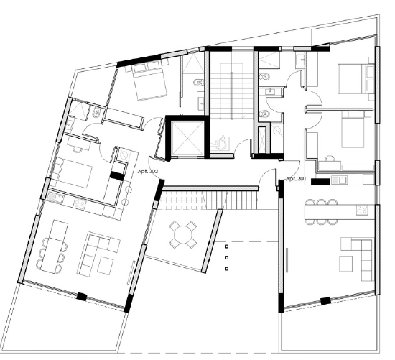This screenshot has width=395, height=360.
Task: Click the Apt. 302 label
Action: click(148, 172)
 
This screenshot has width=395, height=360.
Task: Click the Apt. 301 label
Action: click(296, 179)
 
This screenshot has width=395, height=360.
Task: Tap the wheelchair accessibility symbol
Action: click(220, 144)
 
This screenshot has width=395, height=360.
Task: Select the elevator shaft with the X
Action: click(187, 137)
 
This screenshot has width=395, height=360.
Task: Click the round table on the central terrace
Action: click(183, 234)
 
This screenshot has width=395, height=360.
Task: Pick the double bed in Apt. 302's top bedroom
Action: click(149, 80)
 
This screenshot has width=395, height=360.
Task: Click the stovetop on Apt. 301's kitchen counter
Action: click(362, 210)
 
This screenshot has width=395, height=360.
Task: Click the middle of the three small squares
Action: click(226, 257)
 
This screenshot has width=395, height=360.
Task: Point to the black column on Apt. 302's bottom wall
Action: click(82, 296)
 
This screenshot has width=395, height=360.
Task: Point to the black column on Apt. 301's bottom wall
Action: click(325, 301)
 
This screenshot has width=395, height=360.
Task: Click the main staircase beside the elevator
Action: click(231, 92)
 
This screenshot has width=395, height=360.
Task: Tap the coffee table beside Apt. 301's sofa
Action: click(346, 264)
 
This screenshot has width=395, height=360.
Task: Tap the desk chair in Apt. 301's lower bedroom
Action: click(329, 158)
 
